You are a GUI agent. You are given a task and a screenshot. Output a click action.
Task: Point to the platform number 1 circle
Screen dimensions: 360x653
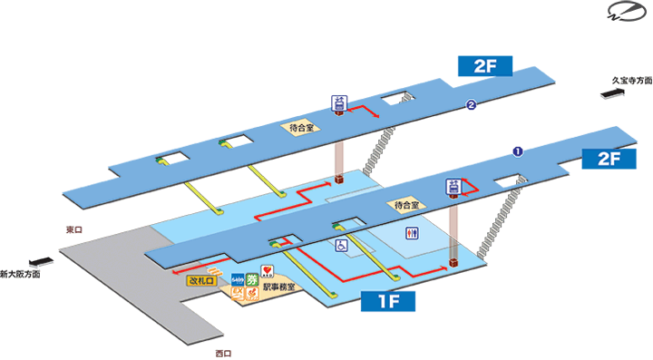[x=518, y=151]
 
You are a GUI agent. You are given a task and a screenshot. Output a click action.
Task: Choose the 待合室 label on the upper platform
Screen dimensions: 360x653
[x=301, y=128]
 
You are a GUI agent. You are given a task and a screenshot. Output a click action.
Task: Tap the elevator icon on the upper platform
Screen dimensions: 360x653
[x=339, y=103]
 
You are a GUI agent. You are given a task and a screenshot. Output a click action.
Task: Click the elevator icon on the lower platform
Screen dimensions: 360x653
[x=452, y=187]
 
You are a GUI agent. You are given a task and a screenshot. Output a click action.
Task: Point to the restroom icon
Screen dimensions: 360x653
[x=414, y=233]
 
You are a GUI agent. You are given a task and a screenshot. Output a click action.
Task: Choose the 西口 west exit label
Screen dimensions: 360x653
[x=223, y=353]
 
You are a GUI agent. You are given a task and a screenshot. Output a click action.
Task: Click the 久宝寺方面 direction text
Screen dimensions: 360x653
[x=632, y=80]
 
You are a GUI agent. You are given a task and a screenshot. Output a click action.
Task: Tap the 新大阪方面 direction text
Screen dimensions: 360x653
[x=20, y=274]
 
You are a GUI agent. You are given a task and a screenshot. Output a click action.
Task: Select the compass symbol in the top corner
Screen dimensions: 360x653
[x=625, y=15]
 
